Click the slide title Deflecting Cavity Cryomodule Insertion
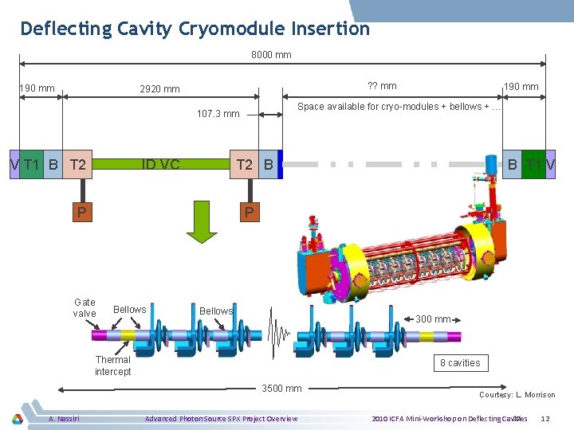(195, 29)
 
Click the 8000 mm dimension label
(271, 55)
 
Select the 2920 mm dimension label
(159, 89)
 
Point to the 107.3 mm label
(218, 114)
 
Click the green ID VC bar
(160, 165)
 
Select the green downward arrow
(202, 223)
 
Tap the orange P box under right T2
(249, 212)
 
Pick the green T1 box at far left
(31, 165)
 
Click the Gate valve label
(85, 307)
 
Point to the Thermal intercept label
(112, 365)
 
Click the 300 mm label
(434, 319)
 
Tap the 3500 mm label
(282, 389)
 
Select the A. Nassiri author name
(63, 418)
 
